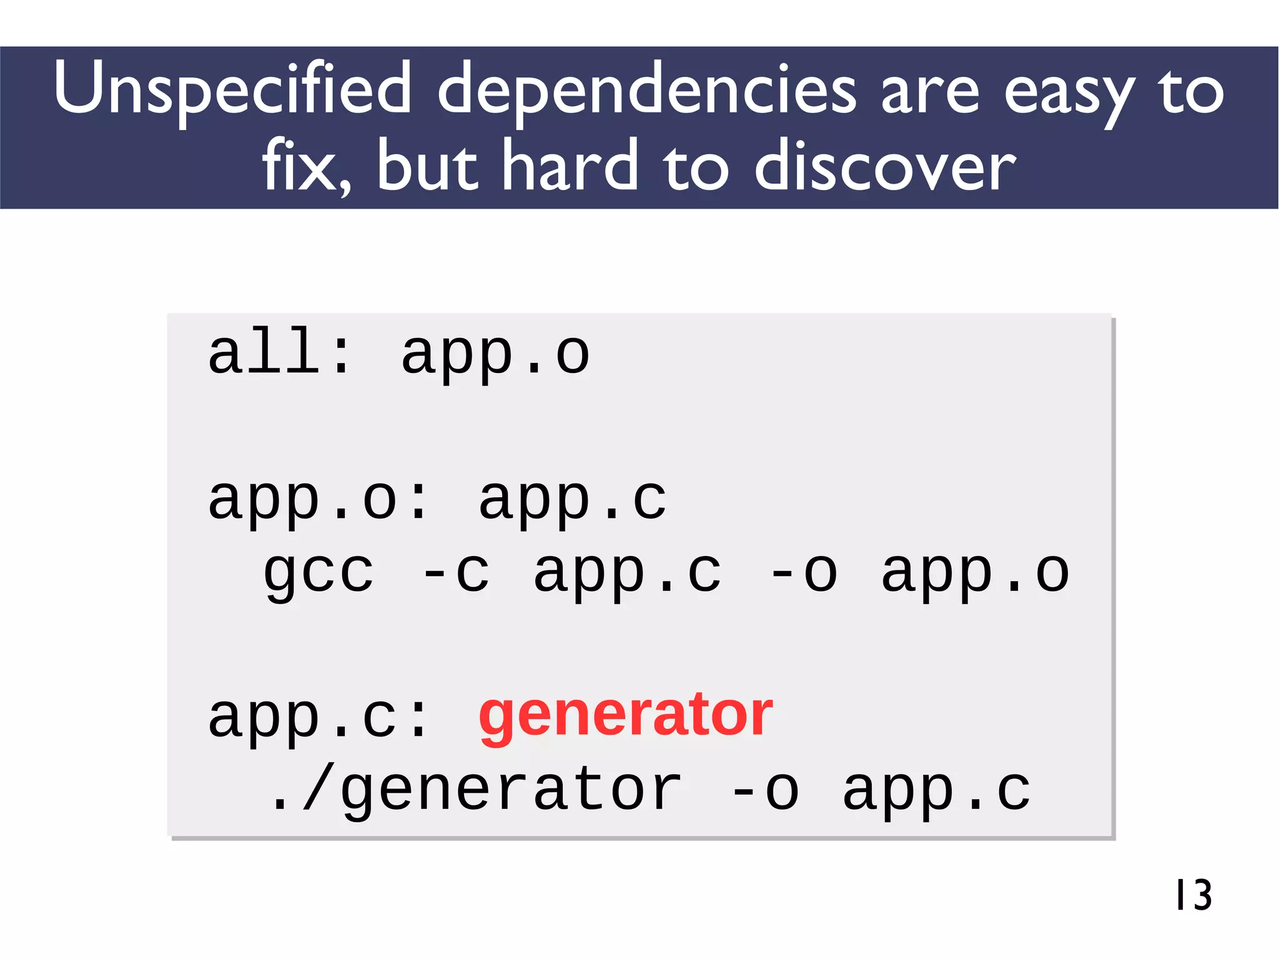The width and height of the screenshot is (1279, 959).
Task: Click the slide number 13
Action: pos(1193,895)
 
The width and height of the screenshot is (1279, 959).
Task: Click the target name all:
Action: pos(279,353)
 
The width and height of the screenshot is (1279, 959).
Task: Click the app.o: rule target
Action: pos(319,500)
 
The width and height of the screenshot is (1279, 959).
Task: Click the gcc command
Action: pos(319,574)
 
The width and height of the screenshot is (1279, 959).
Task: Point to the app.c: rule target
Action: pos(319,717)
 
